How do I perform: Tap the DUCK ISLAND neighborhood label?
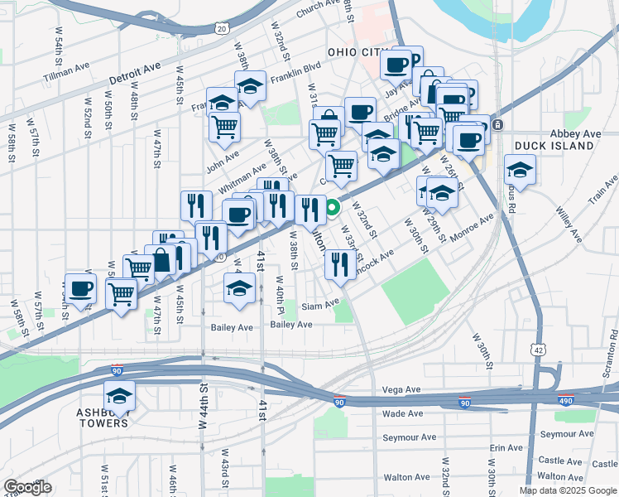(554, 146)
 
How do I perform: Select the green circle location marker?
(332, 209)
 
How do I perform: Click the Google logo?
(27, 487)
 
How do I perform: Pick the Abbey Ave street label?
(575, 133)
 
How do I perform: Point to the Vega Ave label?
(403, 389)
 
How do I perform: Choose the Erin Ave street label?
(506, 447)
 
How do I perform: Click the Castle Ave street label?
(561, 461)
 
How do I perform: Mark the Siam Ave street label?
(320, 304)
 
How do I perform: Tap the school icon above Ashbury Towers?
(120, 396)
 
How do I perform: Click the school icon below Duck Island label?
(520, 170)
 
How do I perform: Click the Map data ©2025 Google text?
(567, 490)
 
